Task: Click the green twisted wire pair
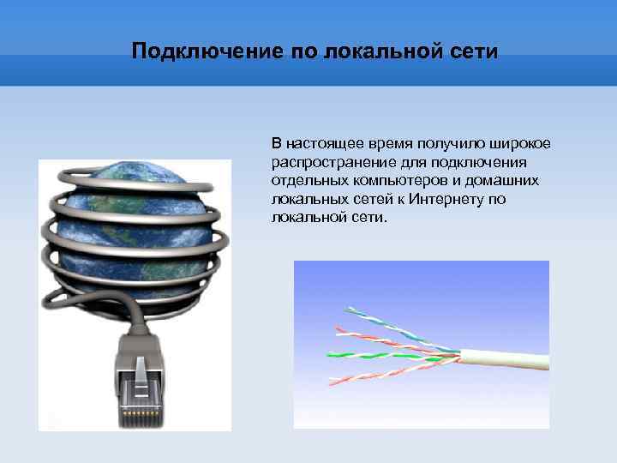(377, 354)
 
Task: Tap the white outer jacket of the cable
(506, 358)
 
